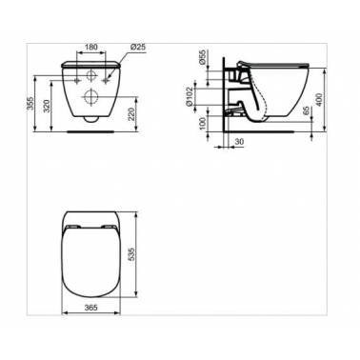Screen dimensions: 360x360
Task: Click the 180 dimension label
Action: (90, 47)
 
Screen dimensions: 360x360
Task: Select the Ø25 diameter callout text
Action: (137, 47)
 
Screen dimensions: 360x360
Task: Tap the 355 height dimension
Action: (30, 103)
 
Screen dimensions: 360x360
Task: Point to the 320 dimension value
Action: (46, 106)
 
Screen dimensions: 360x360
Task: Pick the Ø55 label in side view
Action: (203, 57)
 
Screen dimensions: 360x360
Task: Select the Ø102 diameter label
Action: (189, 96)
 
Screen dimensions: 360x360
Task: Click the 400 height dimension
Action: (319, 100)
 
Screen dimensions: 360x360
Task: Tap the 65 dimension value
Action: (306, 111)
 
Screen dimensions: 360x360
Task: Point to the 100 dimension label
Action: (203, 123)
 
